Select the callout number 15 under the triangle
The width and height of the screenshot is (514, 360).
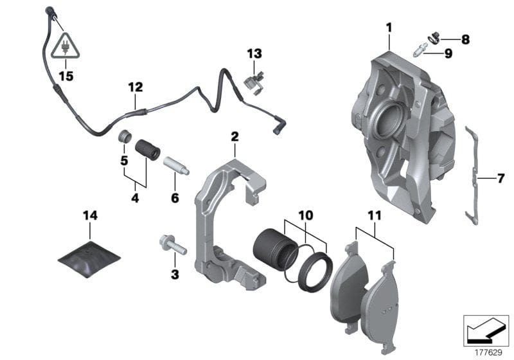click(66, 76)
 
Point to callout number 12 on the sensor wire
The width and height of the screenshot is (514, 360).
click(135, 87)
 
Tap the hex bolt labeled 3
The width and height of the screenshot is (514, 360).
click(169, 245)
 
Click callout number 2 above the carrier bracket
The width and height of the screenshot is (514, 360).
click(235, 136)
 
